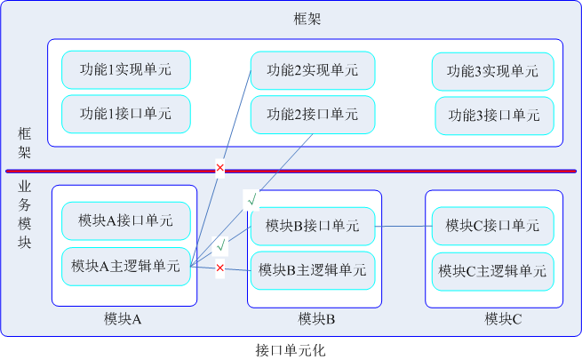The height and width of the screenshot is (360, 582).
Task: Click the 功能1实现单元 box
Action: pos(126,70)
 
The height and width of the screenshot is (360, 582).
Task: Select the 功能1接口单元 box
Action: pos(126,114)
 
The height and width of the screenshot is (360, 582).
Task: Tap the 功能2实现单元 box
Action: pos(313,70)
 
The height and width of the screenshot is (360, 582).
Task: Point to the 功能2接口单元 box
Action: pos(313,114)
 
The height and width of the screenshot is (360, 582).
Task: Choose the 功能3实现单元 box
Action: pos(492,71)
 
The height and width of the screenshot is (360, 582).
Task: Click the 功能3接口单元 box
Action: pos(494,115)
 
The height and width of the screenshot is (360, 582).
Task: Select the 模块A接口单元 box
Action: pos(126,220)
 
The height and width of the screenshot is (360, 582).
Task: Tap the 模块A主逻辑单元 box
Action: pos(126,266)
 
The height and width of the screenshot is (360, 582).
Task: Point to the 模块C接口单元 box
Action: pos(492,226)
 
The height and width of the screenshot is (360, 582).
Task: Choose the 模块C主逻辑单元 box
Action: pos(492,269)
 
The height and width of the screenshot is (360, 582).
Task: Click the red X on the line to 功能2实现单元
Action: pos(219,167)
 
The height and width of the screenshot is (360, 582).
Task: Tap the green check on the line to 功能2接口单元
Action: pos(251,199)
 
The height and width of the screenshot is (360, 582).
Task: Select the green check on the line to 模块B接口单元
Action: pos(220,244)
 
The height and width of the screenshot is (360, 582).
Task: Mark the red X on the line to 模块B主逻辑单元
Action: pos(219,268)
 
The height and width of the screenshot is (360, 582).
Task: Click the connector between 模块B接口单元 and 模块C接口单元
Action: pos(403,226)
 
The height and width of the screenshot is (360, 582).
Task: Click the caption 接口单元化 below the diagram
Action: pos(291,350)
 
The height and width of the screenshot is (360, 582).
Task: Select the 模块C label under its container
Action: pos(503,319)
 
